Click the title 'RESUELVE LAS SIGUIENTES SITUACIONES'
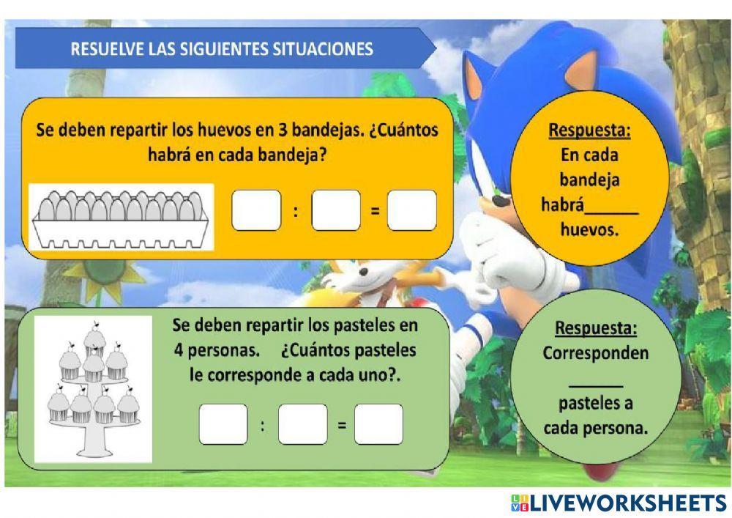pyautogui.click(x=222, y=49)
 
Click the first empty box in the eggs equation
pyautogui.click(x=256, y=210)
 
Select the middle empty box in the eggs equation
pyautogui.click(x=335, y=210)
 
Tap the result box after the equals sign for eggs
pyautogui.click(x=412, y=210)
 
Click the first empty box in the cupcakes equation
pyautogui.click(x=223, y=424)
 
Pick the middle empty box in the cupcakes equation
pyautogui.click(x=302, y=424)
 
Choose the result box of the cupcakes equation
pyautogui.click(x=378, y=424)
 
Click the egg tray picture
pyautogui.click(x=121, y=217)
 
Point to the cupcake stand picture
pyautogui.click(x=93, y=388)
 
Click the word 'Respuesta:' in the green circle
pyautogui.click(x=596, y=327)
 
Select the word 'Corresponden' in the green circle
pyautogui.click(x=596, y=352)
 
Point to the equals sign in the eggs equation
pyautogui.click(x=374, y=211)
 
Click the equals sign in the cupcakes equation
pyautogui.click(x=341, y=424)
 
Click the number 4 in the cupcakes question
pyautogui.click(x=179, y=349)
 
